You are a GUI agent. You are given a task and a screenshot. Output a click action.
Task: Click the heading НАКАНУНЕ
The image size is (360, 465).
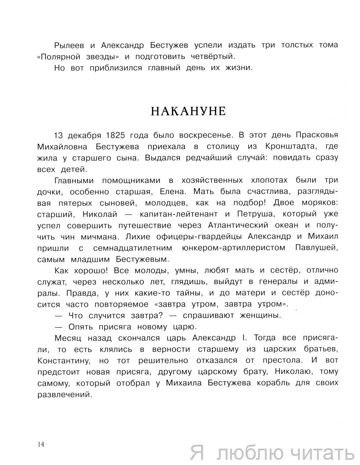pos(188,111)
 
